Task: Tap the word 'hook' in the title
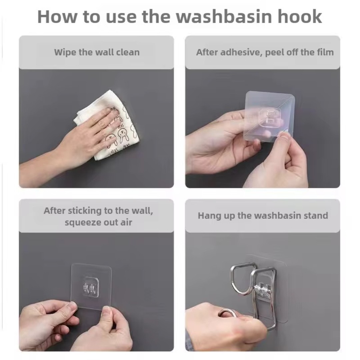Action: (300, 16)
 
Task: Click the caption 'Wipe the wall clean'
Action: (97, 52)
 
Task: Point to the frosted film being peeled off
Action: (270, 116)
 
